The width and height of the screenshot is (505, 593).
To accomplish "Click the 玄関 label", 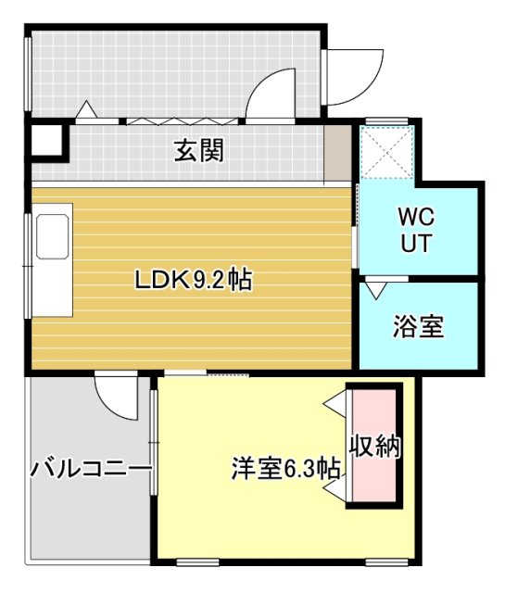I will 199,150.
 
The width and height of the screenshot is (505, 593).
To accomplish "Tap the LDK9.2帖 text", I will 194,280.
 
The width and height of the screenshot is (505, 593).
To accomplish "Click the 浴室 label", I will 418,326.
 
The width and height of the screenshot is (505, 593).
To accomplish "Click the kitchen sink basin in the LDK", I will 54,239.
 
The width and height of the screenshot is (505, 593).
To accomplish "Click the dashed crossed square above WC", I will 386,150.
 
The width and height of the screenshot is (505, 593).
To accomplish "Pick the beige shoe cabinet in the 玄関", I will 338,153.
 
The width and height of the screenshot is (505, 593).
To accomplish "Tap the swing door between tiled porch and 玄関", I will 271,95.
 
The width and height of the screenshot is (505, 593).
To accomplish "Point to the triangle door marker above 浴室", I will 373,289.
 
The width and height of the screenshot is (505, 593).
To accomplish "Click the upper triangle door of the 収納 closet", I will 336,405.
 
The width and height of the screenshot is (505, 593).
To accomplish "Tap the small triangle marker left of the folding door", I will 86,110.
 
